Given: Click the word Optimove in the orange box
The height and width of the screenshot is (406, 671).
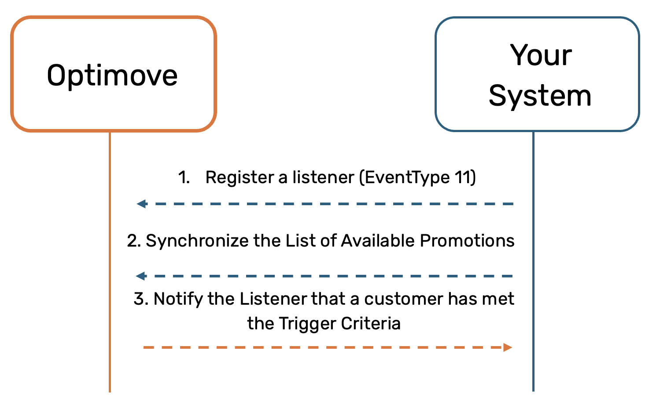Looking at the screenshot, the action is coord(112,76).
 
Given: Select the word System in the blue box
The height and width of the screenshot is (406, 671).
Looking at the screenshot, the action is coord(540,96).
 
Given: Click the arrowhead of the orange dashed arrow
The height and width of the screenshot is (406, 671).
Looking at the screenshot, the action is coord(508,347).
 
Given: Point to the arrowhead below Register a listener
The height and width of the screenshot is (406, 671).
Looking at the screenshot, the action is coord(142,204).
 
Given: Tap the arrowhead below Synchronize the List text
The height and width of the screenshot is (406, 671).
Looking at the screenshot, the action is coord(141,276).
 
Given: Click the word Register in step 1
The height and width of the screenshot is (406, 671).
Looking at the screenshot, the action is coord(240,177).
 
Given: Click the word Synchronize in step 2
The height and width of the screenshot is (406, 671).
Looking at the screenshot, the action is coord(197,241).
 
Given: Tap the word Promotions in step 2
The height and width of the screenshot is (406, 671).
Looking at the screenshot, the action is coord(467,240).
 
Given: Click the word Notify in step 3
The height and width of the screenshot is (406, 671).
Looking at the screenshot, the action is coord(178,299).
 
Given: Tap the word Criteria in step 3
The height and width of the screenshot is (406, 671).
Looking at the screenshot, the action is coord(371,323).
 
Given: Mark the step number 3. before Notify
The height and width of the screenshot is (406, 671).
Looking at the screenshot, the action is coord(141,299).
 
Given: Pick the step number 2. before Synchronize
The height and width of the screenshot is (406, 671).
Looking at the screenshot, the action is coord(134,240).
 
